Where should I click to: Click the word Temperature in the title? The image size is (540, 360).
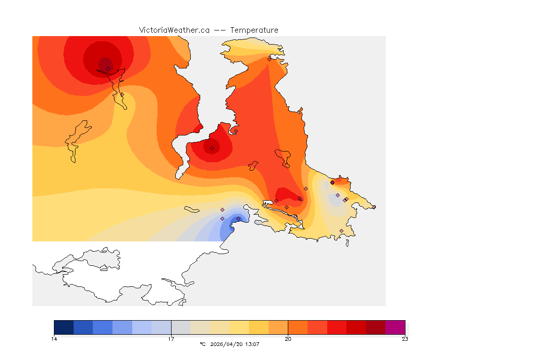[x=254, y=30]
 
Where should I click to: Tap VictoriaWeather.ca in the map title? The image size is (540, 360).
[x=174, y=30]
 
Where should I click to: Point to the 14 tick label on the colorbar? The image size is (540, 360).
[x=54, y=339]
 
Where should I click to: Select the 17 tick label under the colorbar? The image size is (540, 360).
[x=171, y=339]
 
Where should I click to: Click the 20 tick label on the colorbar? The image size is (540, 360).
[x=288, y=339]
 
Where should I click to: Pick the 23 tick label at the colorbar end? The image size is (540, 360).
[x=405, y=339]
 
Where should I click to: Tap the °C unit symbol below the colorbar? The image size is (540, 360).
[x=202, y=344]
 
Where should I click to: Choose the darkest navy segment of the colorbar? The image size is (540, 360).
[x=64, y=327]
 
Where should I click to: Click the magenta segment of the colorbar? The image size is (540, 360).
[x=395, y=327]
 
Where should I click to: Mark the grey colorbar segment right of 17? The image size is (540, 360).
[x=181, y=327]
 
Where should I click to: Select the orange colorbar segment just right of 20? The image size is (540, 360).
[x=298, y=327]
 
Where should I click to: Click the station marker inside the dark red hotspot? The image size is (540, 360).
[x=108, y=68]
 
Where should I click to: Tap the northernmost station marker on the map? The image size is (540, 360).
[x=269, y=59]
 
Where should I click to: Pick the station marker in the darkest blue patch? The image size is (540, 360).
[x=238, y=218]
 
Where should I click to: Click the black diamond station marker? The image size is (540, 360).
[x=332, y=182]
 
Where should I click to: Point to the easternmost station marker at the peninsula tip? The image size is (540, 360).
[x=374, y=207]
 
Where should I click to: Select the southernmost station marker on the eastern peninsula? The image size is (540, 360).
[x=341, y=231]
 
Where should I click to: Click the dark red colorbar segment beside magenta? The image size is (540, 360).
[x=375, y=327]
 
